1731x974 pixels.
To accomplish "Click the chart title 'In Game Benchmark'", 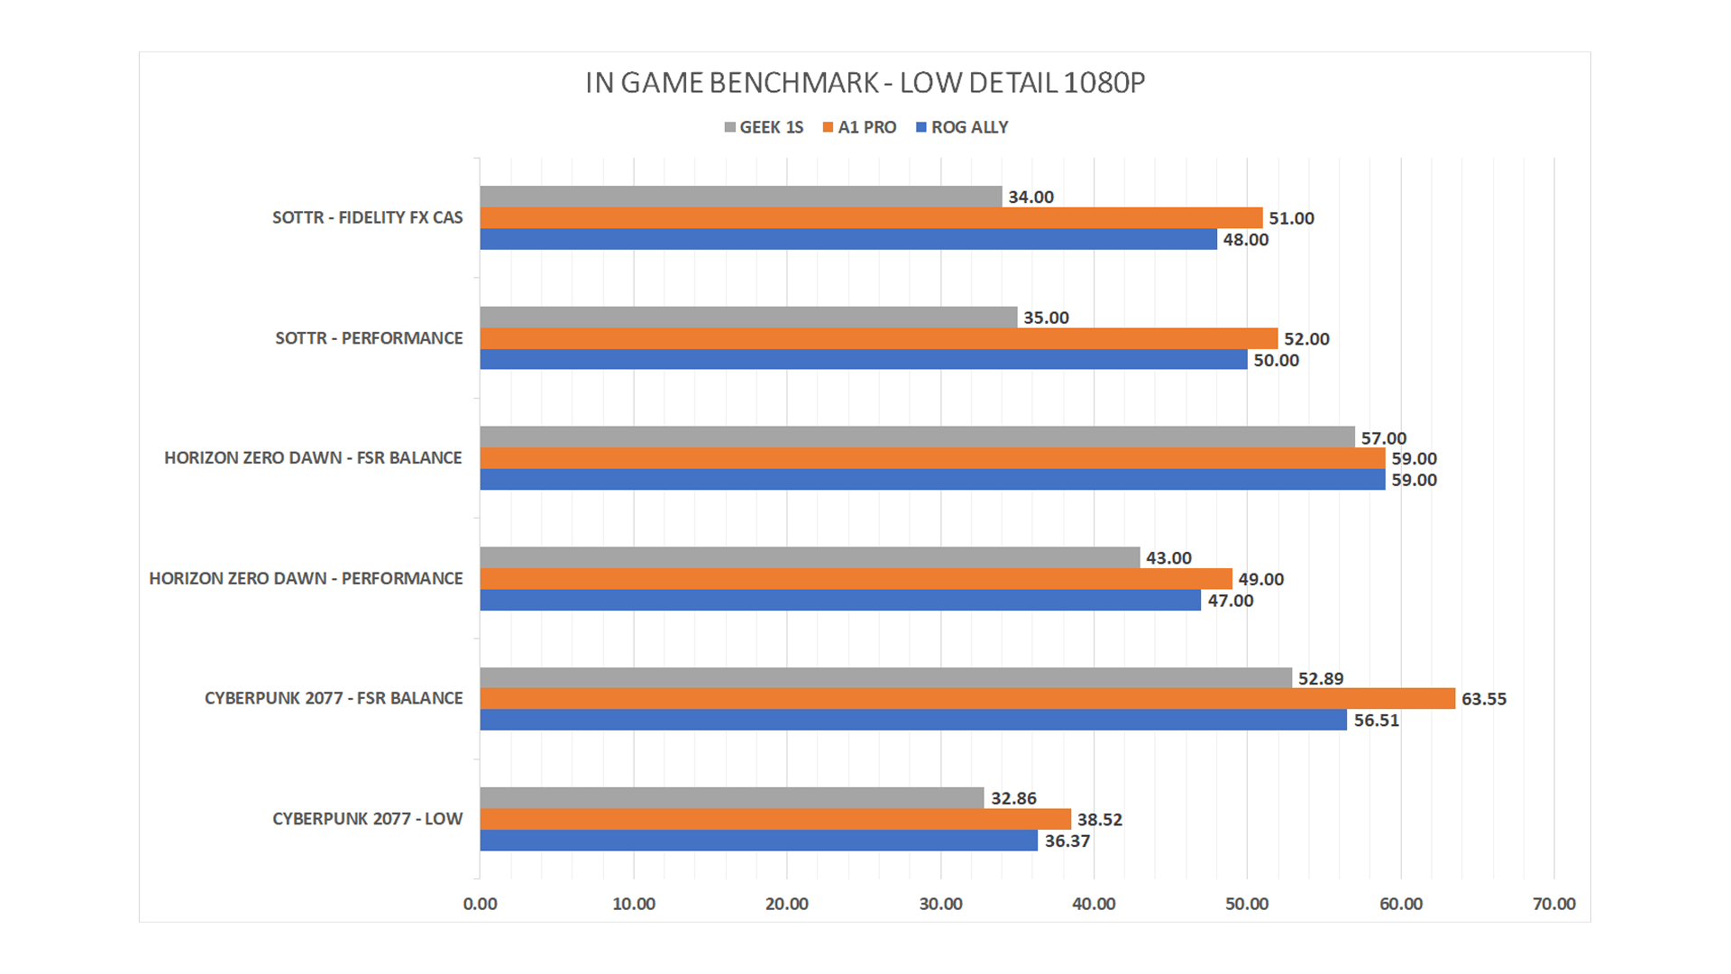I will pos(865,83).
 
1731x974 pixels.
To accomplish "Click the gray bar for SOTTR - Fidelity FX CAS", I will pos(740,197).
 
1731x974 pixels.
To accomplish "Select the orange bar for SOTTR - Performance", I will pos(878,338).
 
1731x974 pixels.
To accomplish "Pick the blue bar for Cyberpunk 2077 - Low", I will pos(758,841).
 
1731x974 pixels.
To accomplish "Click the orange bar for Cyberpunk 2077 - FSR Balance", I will pos(966,699).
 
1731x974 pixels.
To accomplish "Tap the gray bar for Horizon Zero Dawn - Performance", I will pos(810,557).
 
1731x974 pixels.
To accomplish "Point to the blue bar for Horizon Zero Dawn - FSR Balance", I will pos(932,480).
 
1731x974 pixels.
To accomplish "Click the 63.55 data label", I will pos(1483,699).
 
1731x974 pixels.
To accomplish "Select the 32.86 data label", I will pos(1013,798).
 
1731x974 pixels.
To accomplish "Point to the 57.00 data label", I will pos(1383,438).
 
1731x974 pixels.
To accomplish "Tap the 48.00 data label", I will pos(1245,240).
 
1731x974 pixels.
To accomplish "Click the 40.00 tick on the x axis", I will pos(1094,904).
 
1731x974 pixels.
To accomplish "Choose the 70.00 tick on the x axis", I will pos(1553,904).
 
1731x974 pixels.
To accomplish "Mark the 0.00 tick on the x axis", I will pos(480,904).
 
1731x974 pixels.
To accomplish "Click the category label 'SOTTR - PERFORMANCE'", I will pos(369,338).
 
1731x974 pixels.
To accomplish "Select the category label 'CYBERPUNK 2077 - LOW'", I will pos(367,819).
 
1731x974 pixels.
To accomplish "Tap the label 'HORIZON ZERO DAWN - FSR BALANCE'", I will pos(313,458).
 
